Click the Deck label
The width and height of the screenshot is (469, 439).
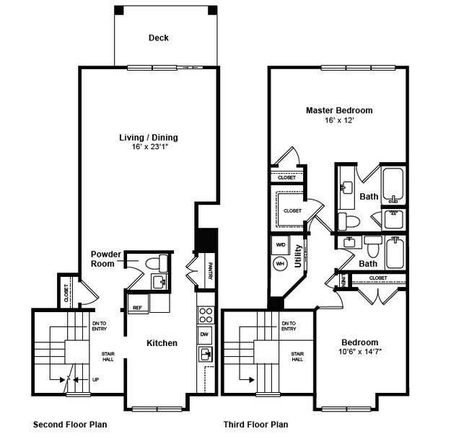point(159,38)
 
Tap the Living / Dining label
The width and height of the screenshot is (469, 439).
point(149,138)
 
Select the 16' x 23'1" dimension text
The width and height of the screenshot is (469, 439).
point(149,148)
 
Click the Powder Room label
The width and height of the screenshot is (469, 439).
point(105,259)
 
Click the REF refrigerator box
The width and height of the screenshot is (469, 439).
point(137,308)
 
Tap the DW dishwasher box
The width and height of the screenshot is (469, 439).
point(204,334)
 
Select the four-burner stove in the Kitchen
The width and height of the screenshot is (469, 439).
point(205,314)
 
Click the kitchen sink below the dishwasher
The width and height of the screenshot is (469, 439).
point(205,353)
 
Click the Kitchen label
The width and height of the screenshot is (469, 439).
point(162,344)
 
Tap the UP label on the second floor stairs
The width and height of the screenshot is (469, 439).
point(95,379)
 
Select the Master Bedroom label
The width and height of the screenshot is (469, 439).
point(339,110)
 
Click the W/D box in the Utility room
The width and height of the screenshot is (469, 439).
point(280,245)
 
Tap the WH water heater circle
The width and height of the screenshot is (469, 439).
point(280,265)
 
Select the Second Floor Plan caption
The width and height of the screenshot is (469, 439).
point(70,425)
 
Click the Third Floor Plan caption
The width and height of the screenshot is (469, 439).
point(255,425)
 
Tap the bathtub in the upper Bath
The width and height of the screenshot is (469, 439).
point(394,185)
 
